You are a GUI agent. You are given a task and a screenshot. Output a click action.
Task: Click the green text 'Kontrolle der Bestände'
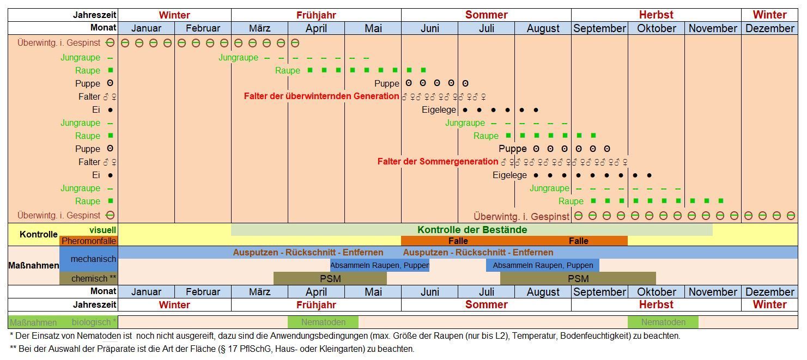click(472, 230)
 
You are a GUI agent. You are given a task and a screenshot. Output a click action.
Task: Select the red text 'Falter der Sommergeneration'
click(438, 161)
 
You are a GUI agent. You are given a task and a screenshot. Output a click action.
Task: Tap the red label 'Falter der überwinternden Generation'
click(321, 96)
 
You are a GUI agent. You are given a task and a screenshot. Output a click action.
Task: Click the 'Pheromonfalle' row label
click(89, 241)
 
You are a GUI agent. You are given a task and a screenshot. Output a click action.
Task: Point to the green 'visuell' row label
click(102, 230)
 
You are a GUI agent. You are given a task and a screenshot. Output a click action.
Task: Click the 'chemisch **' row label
click(94, 279)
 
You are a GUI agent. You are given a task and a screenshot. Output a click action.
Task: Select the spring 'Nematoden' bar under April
click(323, 322)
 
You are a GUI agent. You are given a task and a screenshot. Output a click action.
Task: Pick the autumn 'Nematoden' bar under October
click(663, 322)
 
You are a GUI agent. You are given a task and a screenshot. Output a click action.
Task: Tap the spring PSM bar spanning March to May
click(330, 279)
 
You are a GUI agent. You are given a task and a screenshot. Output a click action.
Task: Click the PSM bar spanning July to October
click(578, 279)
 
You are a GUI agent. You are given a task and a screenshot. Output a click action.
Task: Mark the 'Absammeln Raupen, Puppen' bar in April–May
click(380, 265)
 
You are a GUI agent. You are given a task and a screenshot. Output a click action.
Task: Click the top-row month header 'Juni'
click(430, 28)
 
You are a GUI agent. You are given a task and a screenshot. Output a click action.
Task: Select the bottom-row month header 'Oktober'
click(657, 292)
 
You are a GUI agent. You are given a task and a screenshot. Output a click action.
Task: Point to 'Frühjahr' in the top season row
click(316, 15)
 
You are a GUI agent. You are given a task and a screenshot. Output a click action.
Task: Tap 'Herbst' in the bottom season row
click(656, 304)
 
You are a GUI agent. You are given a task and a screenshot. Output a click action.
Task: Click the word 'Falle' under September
click(579, 241)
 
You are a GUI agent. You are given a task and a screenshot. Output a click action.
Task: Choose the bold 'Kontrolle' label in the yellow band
click(39, 234)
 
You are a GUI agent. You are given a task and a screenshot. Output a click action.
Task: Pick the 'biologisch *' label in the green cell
click(94, 322)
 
